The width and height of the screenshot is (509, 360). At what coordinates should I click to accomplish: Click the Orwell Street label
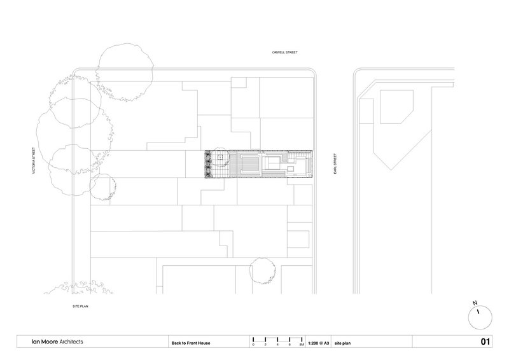tap(284, 52)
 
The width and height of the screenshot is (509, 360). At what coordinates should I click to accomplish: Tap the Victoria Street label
tap(34, 161)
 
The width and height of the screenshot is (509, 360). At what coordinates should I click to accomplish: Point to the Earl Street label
tap(335, 163)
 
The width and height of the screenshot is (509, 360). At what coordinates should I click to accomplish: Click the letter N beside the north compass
tap(475, 303)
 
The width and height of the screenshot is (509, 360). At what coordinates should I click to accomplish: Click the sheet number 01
tap(485, 342)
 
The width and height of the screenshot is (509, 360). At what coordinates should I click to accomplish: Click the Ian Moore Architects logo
tap(57, 342)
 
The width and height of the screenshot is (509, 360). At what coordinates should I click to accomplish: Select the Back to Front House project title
tap(191, 343)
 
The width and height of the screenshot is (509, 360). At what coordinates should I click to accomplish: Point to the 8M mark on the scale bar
tap(302, 345)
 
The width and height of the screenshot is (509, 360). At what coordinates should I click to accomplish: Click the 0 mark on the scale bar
tap(253, 345)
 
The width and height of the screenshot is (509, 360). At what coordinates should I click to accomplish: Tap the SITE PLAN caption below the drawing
tap(80, 307)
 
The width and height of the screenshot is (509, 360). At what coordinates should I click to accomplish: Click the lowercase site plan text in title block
tap(342, 343)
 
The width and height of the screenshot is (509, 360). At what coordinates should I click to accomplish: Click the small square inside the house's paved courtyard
tap(220, 158)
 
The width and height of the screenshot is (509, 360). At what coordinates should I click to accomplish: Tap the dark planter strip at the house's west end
tap(208, 164)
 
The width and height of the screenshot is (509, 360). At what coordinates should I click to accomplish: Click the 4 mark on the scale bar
tap(277, 345)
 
